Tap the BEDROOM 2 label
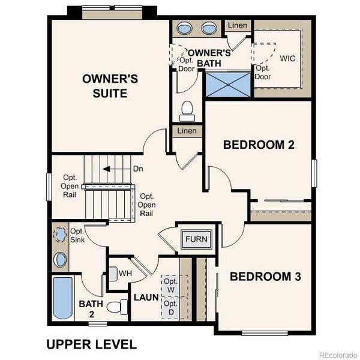(258, 145)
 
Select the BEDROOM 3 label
(265, 277)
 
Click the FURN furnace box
(196, 239)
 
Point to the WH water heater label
(125, 273)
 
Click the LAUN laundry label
(146, 297)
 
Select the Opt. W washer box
(171, 286)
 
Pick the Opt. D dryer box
(171, 308)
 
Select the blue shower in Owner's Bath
(228, 84)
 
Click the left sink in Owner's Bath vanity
(184, 28)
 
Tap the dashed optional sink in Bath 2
(60, 233)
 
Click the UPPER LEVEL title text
(91, 344)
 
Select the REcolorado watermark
(337, 353)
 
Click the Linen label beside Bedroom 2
(186, 131)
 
